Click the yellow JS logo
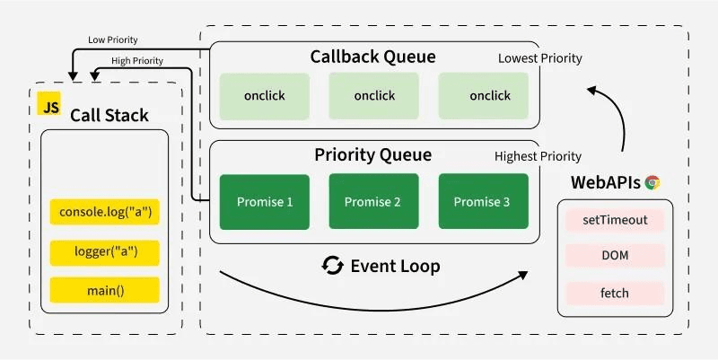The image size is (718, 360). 49,106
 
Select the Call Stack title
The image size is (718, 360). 109,115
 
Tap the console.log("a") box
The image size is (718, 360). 104,213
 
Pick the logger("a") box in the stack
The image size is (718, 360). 104,251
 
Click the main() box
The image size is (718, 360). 104,290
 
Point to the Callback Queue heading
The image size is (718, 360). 372,57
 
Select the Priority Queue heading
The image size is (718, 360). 372,154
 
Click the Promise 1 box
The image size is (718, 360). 265,202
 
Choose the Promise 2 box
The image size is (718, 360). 373,202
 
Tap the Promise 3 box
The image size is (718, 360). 483,202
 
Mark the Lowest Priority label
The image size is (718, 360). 539,58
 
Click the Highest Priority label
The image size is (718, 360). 538,156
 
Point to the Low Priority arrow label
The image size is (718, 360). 112,40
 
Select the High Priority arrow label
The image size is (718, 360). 136,61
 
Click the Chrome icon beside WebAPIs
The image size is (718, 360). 652,182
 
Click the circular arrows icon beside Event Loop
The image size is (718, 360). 333,266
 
